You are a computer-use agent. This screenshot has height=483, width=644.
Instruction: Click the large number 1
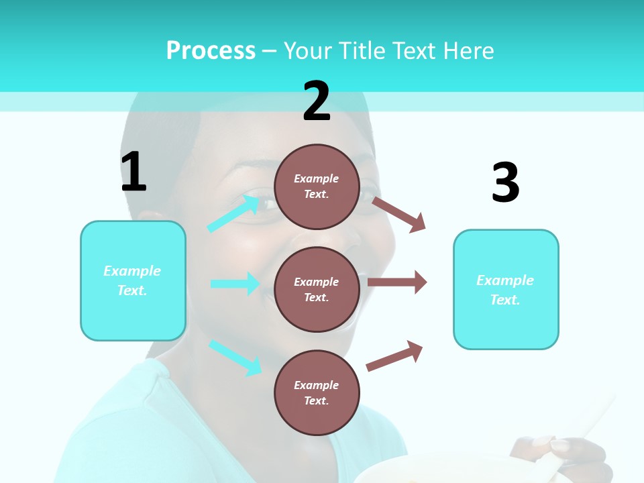(x=133, y=172)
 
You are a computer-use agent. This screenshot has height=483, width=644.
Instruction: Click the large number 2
(x=317, y=101)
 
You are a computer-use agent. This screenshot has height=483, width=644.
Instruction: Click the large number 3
(x=505, y=182)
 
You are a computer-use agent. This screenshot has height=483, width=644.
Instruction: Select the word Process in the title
(x=211, y=51)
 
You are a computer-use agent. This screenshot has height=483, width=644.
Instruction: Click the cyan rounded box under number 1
(x=133, y=280)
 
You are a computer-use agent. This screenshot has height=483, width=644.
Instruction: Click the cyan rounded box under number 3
(x=506, y=290)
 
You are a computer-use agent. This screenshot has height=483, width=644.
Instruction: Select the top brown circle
(x=317, y=186)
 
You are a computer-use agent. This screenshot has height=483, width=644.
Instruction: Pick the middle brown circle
(x=317, y=289)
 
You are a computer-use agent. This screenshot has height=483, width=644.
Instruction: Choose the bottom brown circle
(x=317, y=392)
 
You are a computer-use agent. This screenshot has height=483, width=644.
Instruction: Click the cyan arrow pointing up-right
(x=234, y=213)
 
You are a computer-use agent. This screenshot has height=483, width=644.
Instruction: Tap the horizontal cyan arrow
(x=235, y=284)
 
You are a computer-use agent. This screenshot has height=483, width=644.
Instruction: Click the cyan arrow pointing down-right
(x=235, y=358)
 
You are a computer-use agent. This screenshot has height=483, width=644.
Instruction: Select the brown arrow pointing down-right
(x=399, y=214)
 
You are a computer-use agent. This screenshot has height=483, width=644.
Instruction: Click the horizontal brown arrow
(x=397, y=282)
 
